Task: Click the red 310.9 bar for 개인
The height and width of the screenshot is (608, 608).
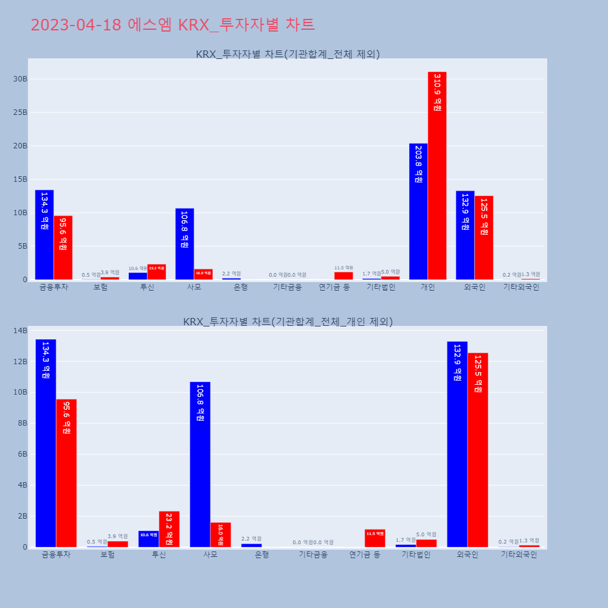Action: click(437, 176)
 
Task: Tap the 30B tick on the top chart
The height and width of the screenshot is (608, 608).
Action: click(20, 79)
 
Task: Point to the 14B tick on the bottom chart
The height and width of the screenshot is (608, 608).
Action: click(20, 331)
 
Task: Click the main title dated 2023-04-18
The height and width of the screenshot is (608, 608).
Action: click(173, 25)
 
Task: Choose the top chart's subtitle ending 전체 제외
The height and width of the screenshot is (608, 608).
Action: click(288, 54)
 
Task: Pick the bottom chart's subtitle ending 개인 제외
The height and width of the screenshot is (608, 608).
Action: click(288, 322)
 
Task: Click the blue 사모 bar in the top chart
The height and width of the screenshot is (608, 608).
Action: click(185, 244)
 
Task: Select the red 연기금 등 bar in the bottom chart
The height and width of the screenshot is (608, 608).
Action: click(375, 538)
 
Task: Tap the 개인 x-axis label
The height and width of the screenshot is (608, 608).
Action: click(427, 287)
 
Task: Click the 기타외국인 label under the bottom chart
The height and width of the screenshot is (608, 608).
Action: click(519, 554)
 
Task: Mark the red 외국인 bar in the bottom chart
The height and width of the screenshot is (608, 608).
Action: click(478, 450)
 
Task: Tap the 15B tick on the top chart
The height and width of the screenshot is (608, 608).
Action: click(20, 179)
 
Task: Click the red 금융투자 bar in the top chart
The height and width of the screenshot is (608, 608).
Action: click(63, 247)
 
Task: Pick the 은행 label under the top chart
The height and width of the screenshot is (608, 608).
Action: click(241, 287)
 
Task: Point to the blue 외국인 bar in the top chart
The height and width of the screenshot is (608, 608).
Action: click(465, 235)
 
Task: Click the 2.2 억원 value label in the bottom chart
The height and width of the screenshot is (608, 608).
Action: click(252, 539)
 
